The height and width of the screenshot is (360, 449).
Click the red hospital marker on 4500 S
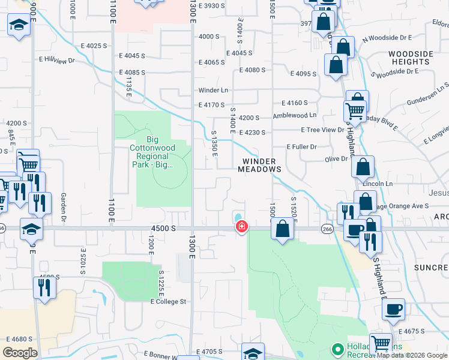241,227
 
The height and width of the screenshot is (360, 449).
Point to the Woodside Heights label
411,58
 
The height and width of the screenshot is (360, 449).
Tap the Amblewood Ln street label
295,115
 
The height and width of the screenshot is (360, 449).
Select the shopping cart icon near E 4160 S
355,110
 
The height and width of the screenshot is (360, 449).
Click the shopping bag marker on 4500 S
282,229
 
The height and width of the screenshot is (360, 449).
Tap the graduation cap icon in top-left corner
19,25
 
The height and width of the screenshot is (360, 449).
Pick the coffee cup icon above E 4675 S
393,309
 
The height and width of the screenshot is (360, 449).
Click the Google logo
20,353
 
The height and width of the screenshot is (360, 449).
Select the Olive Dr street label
336,159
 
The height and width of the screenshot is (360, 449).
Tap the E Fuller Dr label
301,146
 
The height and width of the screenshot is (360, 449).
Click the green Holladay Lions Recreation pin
337,349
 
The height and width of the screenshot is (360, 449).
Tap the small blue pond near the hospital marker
239,217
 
